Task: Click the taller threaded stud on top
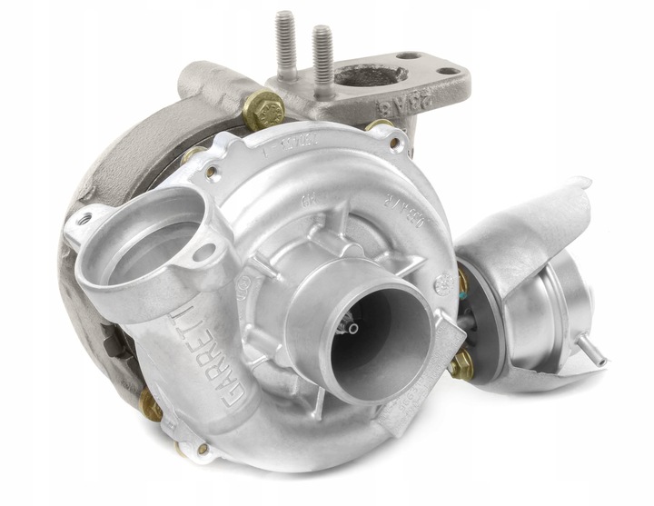coord(286,45)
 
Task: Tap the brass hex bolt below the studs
coord(263,110)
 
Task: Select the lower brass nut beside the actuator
coord(461,366)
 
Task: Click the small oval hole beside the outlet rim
coord(204,252)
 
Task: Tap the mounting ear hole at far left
coord(84,219)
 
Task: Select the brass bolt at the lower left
coord(151,405)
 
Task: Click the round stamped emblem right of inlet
coord(444,284)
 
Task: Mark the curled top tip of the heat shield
coord(581,184)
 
